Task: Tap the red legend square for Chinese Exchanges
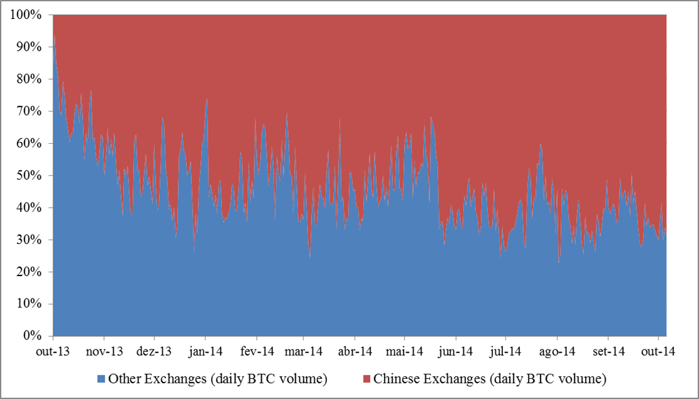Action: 366,379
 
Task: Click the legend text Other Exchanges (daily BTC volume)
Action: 217,379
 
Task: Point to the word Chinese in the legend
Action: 393,379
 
